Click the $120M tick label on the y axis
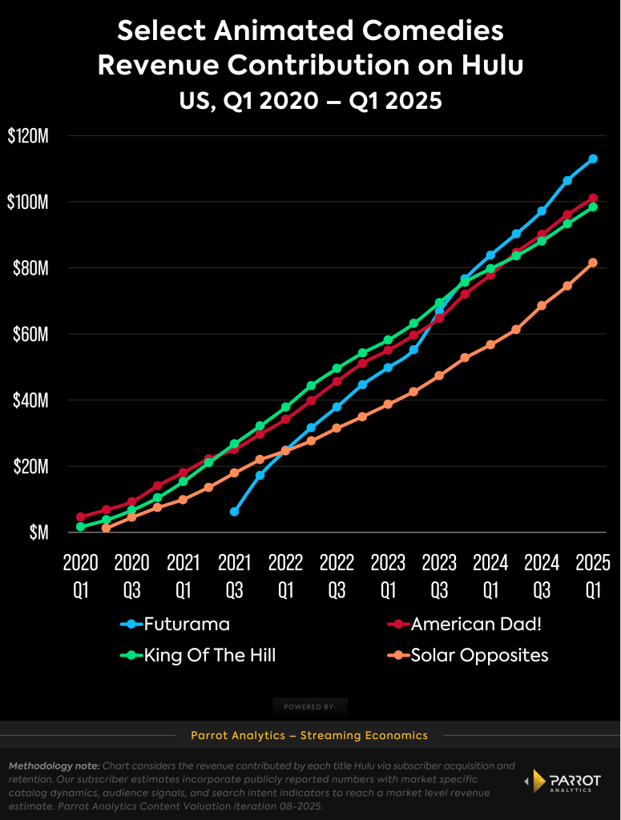coord(28,136)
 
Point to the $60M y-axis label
coord(31,334)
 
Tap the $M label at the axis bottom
coord(37,532)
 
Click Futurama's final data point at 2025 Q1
coord(593,159)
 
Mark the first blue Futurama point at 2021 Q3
coord(234,511)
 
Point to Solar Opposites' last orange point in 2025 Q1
coord(593,263)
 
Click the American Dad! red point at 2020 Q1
coord(80,517)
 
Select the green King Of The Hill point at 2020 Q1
coord(80,527)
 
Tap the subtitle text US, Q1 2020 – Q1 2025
coord(309,101)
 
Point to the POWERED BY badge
coord(309,707)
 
